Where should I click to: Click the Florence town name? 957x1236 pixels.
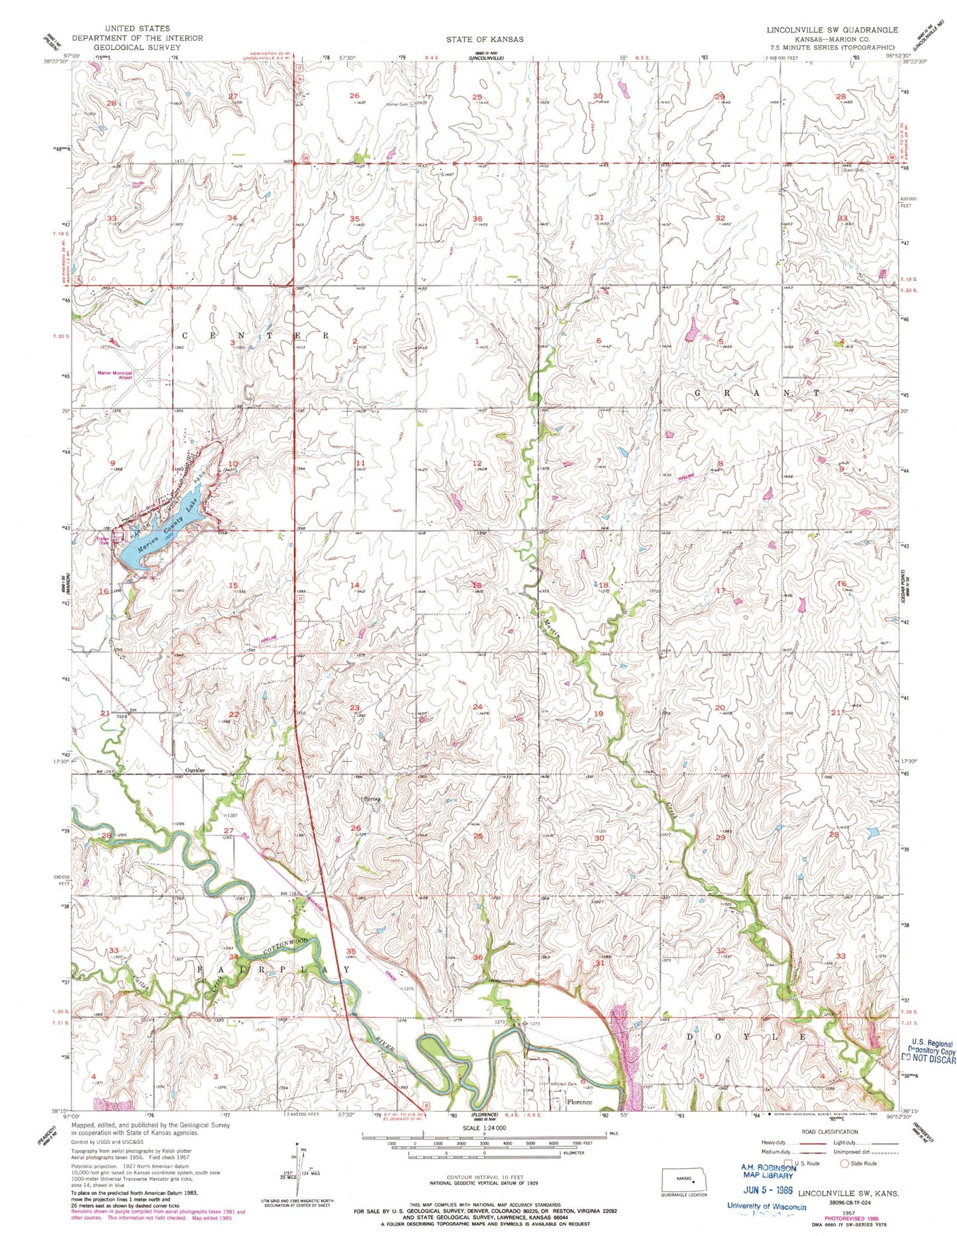coord(579,1102)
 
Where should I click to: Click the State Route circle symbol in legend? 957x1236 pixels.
coord(844,1163)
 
